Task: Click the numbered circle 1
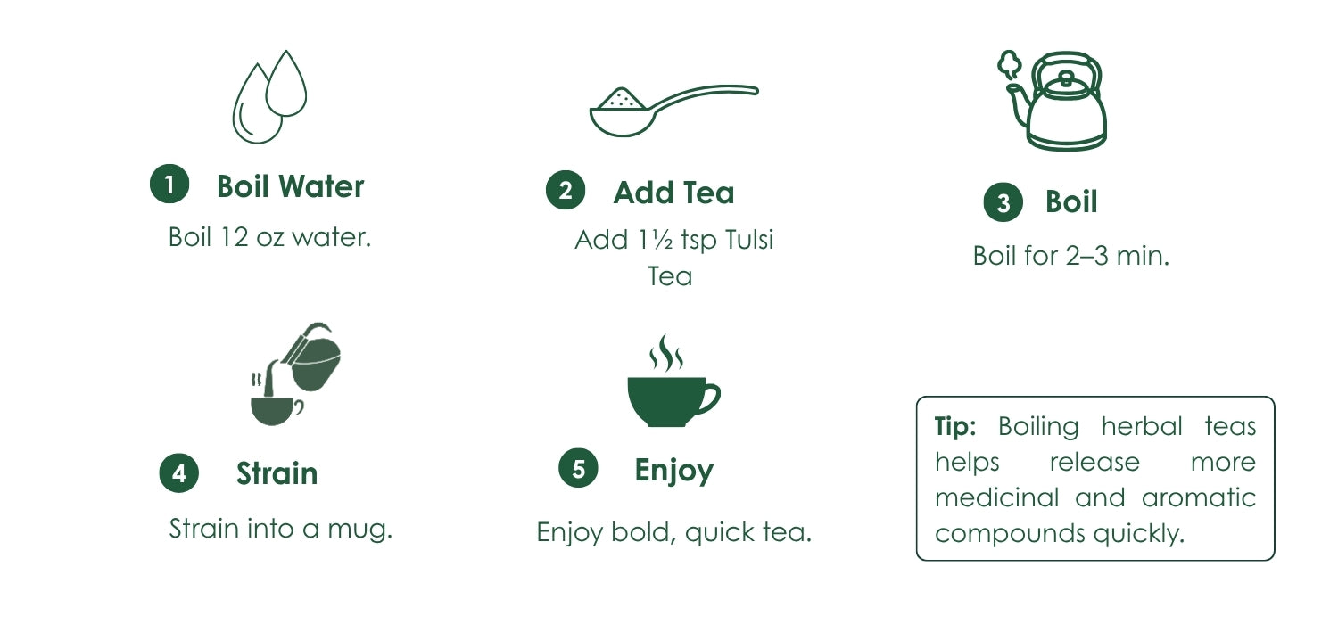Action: (x=169, y=184)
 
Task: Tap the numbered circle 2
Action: (x=565, y=190)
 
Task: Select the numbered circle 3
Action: (x=1003, y=201)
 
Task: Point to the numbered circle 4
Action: (x=178, y=473)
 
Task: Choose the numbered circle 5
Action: (x=578, y=467)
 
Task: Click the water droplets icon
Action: (x=269, y=97)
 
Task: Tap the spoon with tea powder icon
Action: (x=673, y=111)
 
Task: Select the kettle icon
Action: (x=1053, y=101)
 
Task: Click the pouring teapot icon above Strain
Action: (x=295, y=374)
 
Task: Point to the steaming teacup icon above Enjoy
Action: (x=673, y=381)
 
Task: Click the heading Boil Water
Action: (x=290, y=186)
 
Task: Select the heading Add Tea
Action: (x=673, y=193)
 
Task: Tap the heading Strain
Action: (x=277, y=473)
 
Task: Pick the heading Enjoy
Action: (x=673, y=471)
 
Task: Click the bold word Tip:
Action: (x=955, y=426)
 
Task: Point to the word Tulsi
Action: (x=749, y=240)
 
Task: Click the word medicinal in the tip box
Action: (x=997, y=497)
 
